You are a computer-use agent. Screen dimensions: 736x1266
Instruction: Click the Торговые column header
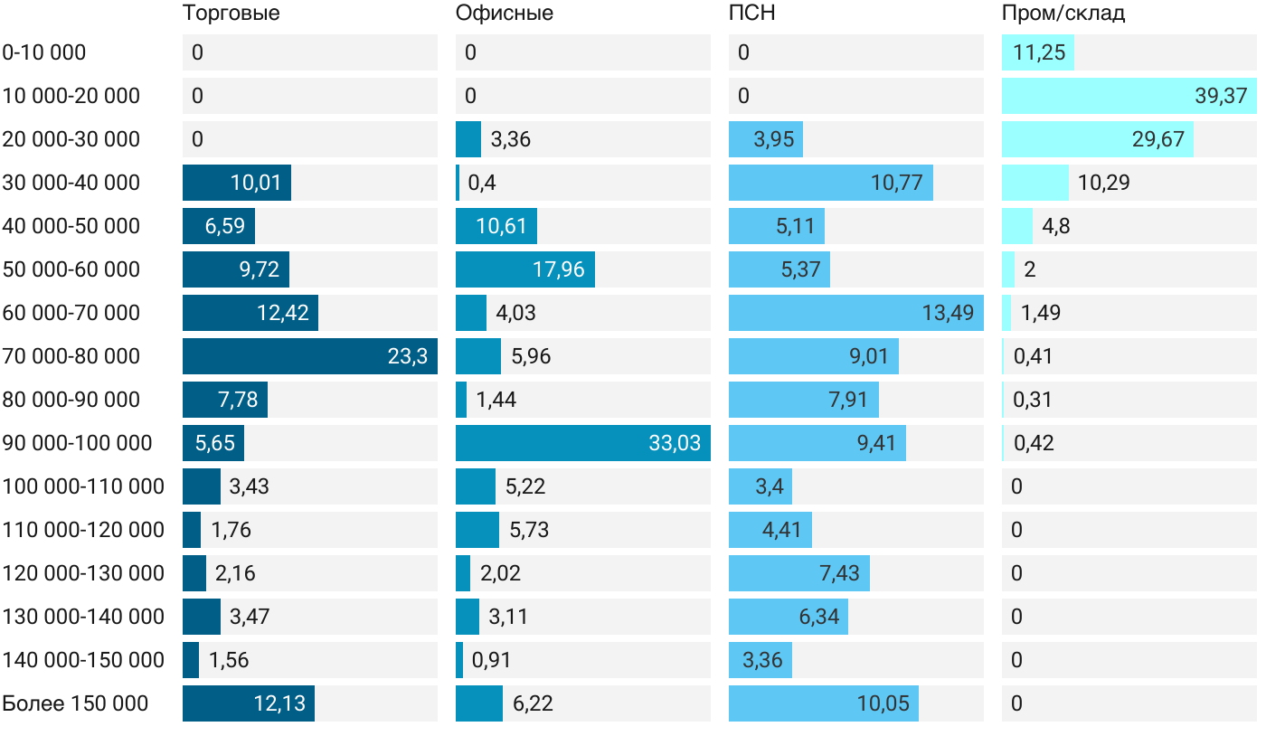pyautogui.click(x=231, y=14)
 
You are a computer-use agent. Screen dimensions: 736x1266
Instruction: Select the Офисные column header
pyautogui.click(x=505, y=14)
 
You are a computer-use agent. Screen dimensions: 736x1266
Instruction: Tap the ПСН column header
pyautogui.click(x=751, y=14)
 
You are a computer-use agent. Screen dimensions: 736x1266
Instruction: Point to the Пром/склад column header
pyautogui.click(x=1063, y=14)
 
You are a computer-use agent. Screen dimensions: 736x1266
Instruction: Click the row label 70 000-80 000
pyautogui.click(x=71, y=356)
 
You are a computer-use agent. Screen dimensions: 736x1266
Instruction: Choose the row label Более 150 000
pyautogui.click(x=75, y=703)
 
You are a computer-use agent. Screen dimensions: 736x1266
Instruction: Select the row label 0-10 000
pyautogui.click(x=44, y=52)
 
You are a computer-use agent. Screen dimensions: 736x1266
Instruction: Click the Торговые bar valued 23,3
pyautogui.click(x=309, y=356)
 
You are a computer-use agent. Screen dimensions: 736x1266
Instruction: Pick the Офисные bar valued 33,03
pyautogui.click(x=582, y=443)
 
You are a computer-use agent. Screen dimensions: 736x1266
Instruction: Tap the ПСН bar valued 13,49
pyautogui.click(x=855, y=313)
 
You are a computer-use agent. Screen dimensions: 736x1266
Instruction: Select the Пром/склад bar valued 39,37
pyautogui.click(x=1129, y=96)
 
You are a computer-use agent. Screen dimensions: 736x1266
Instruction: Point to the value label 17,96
pyautogui.click(x=559, y=269)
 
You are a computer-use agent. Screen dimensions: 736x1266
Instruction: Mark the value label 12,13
pyautogui.click(x=279, y=703)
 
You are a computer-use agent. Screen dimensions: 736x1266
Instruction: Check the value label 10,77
pyautogui.click(x=896, y=183)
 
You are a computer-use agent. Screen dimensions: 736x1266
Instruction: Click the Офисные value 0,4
pyautogui.click(x=481, y=183)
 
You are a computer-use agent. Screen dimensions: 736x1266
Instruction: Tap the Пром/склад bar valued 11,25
pyautogui.click(x=1037, y=52)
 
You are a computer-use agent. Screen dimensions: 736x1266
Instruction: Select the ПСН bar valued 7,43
pyautogui.click(x=798, y=573)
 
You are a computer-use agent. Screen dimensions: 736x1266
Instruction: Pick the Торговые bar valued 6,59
pyautogui.click(x=219, y=226)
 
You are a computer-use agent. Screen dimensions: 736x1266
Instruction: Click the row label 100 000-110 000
pyautogui.click(x=83, y=486)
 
